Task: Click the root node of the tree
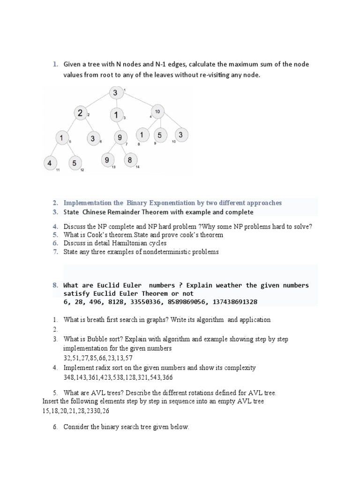(x=116, y=93)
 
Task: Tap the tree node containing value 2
(x=80, y=113)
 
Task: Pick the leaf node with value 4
(x=50, y=164)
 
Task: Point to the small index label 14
(x=138, y=167)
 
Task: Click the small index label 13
(x=113, y=167)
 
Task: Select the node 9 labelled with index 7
(x=120, y=138)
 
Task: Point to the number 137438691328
(x=233, y=302)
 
